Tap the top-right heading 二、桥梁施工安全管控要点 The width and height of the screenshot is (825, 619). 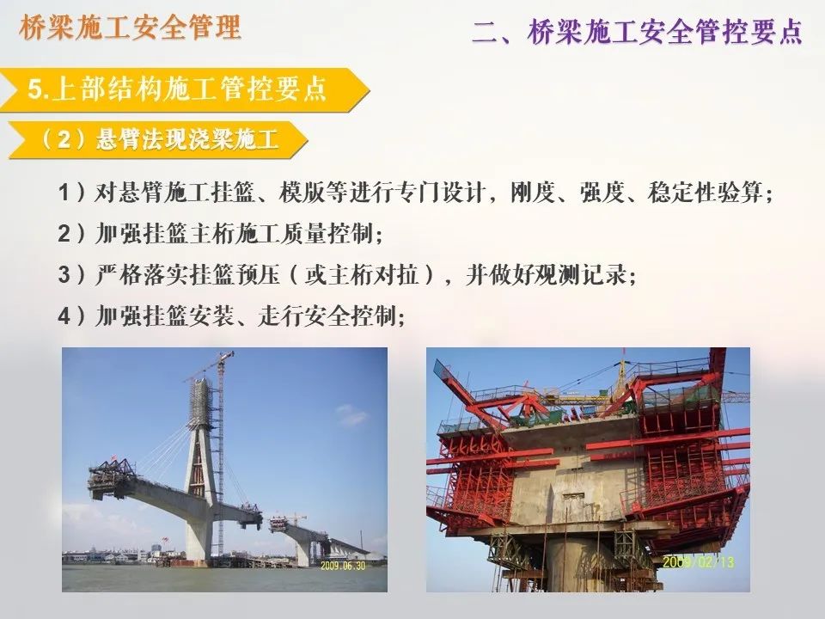click(x=637, y=33)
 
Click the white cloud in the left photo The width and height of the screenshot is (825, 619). click(x=350, y=417)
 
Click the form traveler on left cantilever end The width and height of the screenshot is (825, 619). click(x=112, y=473)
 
